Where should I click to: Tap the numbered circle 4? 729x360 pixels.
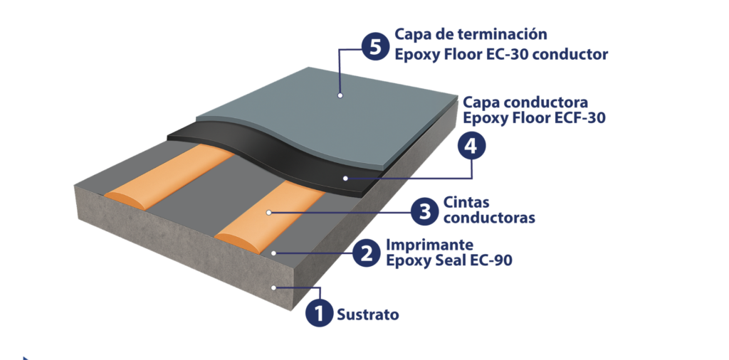pos(469,147)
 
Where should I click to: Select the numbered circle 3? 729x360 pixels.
pos(425,211)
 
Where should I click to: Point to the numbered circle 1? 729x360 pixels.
pos(320,313)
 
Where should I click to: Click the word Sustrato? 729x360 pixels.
pos(368,314)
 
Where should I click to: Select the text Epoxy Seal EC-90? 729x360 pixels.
pos(449,261)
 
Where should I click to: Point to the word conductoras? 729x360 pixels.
pos(488,218)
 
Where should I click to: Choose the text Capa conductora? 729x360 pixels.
pos(525,102)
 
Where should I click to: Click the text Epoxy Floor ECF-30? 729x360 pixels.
pos(534,118)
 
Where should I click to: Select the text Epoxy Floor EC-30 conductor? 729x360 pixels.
pos(501,53)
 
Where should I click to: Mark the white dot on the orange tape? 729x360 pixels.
pos(269,212)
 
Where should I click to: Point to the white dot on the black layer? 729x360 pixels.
pos(345,177)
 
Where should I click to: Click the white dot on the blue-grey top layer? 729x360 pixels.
pos(340,95)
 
